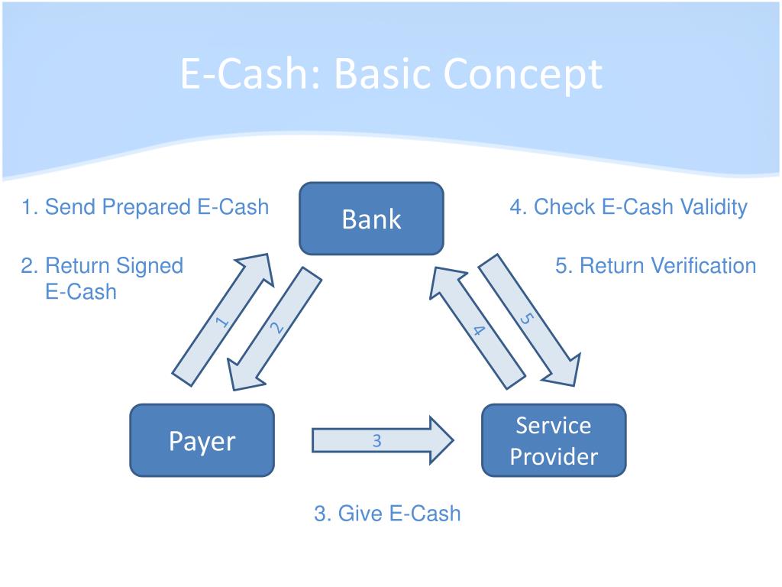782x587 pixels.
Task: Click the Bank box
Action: click(371, 219)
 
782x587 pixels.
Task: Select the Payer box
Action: click(202, 440)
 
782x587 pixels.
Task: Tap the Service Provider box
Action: click(553, 440)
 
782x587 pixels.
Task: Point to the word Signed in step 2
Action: click(150, 266)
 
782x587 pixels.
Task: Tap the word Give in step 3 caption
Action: click(360, 513)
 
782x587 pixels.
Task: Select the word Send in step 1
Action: click(70, 206)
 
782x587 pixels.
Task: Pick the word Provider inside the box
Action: click(554, 457)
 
